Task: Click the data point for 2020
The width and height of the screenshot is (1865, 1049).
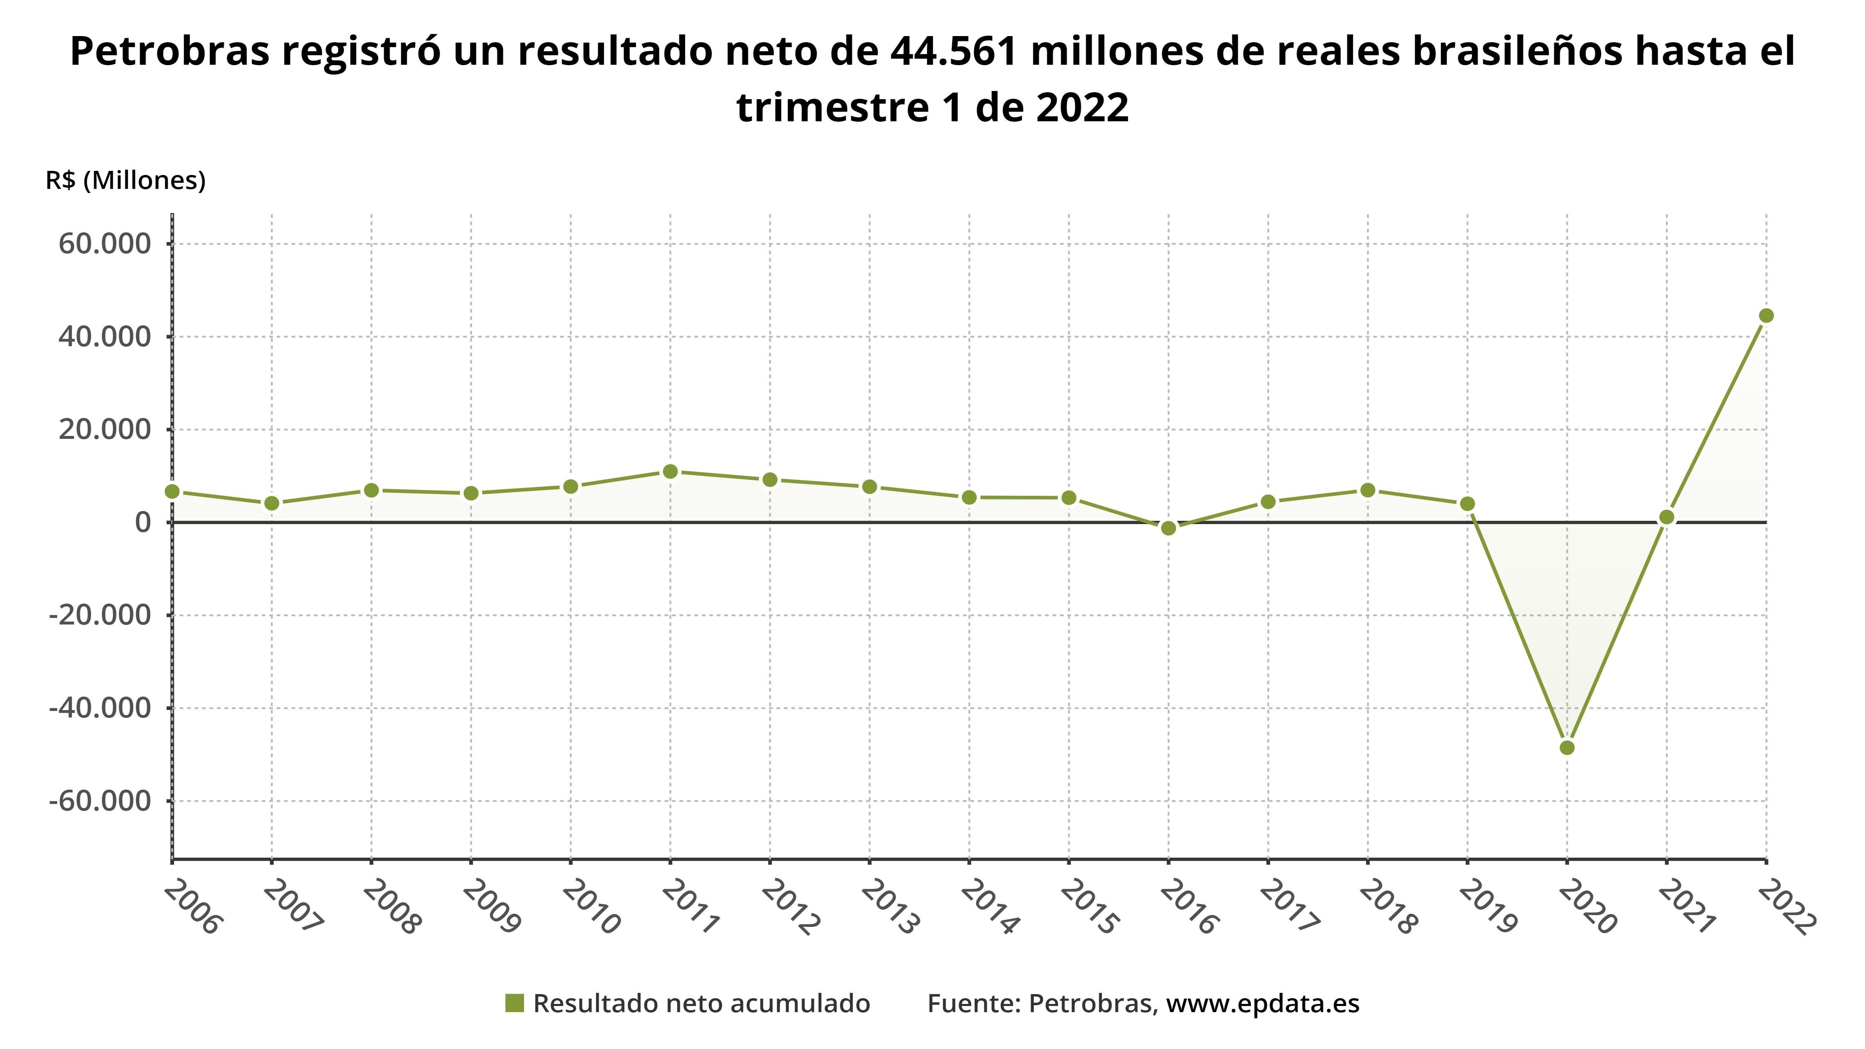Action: pos(1567,747)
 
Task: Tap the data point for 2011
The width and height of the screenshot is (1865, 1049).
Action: pos(670,471)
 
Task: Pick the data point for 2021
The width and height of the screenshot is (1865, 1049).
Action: pos(1667,517)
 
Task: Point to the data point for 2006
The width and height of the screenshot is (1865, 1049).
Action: pos(172,492)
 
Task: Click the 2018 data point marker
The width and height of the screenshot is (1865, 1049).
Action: pos(1368,490)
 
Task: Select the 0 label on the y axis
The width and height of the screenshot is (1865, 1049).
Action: pos(143,522)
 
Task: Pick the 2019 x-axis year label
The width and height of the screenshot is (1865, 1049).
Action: pos(1488,907)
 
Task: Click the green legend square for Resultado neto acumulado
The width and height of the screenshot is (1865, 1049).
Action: pos(514,1004)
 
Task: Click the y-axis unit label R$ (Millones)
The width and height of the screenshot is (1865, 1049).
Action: pos(125,180)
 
